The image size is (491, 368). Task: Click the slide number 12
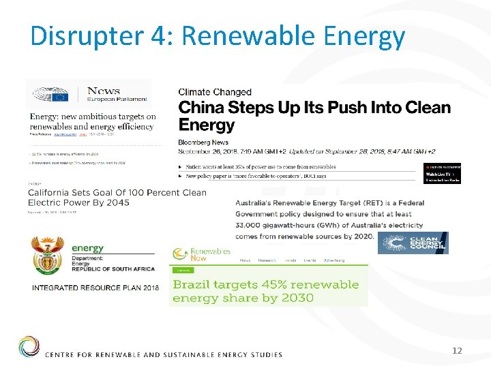point(457,350)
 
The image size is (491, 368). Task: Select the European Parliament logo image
point(51,95)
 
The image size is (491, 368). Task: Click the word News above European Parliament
point(104,90)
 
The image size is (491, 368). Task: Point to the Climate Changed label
point(215,92)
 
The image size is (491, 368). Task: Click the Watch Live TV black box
point(443,174)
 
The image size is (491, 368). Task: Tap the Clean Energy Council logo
point(413,243)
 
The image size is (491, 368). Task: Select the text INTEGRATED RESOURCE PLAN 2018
point(95,288)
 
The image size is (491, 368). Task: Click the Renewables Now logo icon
point(181,254)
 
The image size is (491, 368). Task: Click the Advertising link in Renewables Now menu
point(334,260)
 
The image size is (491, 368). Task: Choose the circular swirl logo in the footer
point(29,347)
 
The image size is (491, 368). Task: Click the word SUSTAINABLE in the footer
point(186,354)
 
